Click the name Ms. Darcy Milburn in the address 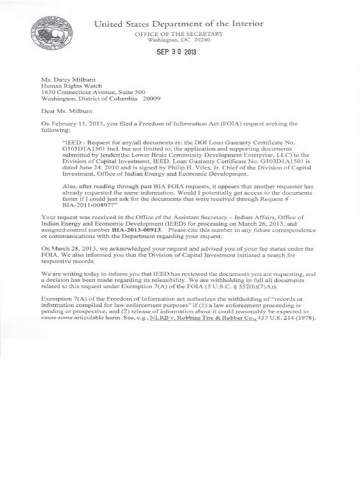(65, 80)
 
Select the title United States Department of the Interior (178, 24)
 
